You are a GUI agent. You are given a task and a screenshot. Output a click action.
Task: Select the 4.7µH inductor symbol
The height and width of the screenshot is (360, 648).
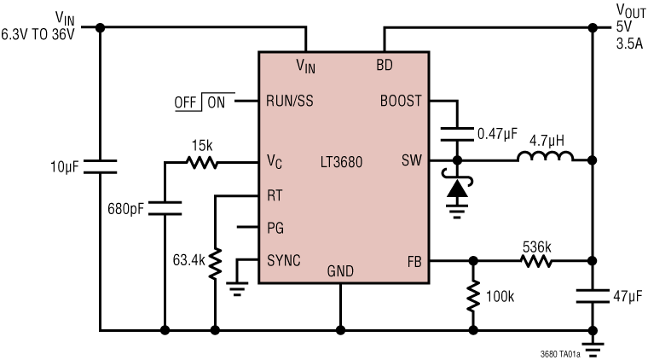546,158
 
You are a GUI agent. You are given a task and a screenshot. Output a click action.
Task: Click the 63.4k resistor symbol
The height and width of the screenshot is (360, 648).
215,262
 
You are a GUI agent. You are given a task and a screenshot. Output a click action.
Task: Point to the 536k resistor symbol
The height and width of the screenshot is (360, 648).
537,260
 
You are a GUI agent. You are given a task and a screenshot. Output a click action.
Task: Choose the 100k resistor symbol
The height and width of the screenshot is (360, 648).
472,296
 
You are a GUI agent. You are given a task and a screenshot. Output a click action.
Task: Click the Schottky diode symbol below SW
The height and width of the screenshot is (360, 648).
458,189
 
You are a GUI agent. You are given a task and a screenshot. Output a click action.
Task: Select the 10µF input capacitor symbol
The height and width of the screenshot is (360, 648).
101,165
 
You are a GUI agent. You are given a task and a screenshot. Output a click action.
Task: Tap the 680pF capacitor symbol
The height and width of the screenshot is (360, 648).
164,206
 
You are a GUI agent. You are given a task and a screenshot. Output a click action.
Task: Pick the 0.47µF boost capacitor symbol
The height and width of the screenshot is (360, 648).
458,132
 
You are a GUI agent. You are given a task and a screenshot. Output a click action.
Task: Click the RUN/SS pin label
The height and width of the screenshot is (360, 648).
290,101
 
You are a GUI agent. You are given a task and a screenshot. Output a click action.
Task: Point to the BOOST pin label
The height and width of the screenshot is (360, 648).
401,101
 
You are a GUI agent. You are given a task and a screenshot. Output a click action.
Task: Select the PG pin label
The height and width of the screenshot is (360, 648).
275,228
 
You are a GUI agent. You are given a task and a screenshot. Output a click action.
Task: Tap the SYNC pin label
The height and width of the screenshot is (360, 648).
283,260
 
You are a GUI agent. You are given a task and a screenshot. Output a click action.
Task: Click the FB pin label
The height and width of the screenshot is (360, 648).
414,260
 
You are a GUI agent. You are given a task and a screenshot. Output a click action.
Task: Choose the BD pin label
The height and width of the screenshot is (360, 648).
385,65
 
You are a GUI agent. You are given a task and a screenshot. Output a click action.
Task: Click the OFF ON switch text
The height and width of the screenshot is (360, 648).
200,102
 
